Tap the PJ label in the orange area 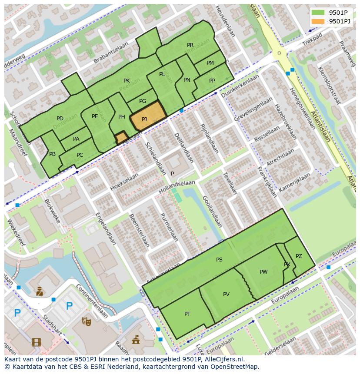click(144, 119)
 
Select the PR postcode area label click(190, 45)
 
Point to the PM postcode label click(210, 63)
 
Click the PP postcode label click(212, 81)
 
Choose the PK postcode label click(127, 81)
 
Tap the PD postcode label click(60, 119)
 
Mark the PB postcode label click(52, 154)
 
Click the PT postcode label click(187, 314)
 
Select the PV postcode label click(226, 295)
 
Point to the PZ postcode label click(299, 256)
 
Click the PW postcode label click(263, 272)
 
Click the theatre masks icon click(86, 321)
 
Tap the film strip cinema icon click(36, 342)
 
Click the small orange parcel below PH click(121, 138)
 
